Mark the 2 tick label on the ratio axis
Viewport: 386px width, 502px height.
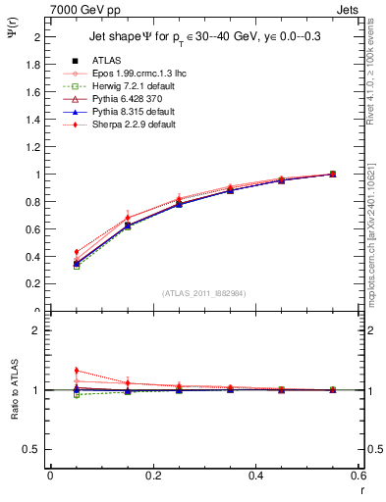coord(36,330)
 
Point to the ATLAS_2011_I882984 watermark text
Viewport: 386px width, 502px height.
coord(203,292)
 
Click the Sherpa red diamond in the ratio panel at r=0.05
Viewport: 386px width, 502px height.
coord(76,371)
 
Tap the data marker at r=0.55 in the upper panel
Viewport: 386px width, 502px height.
coord(332,174)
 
